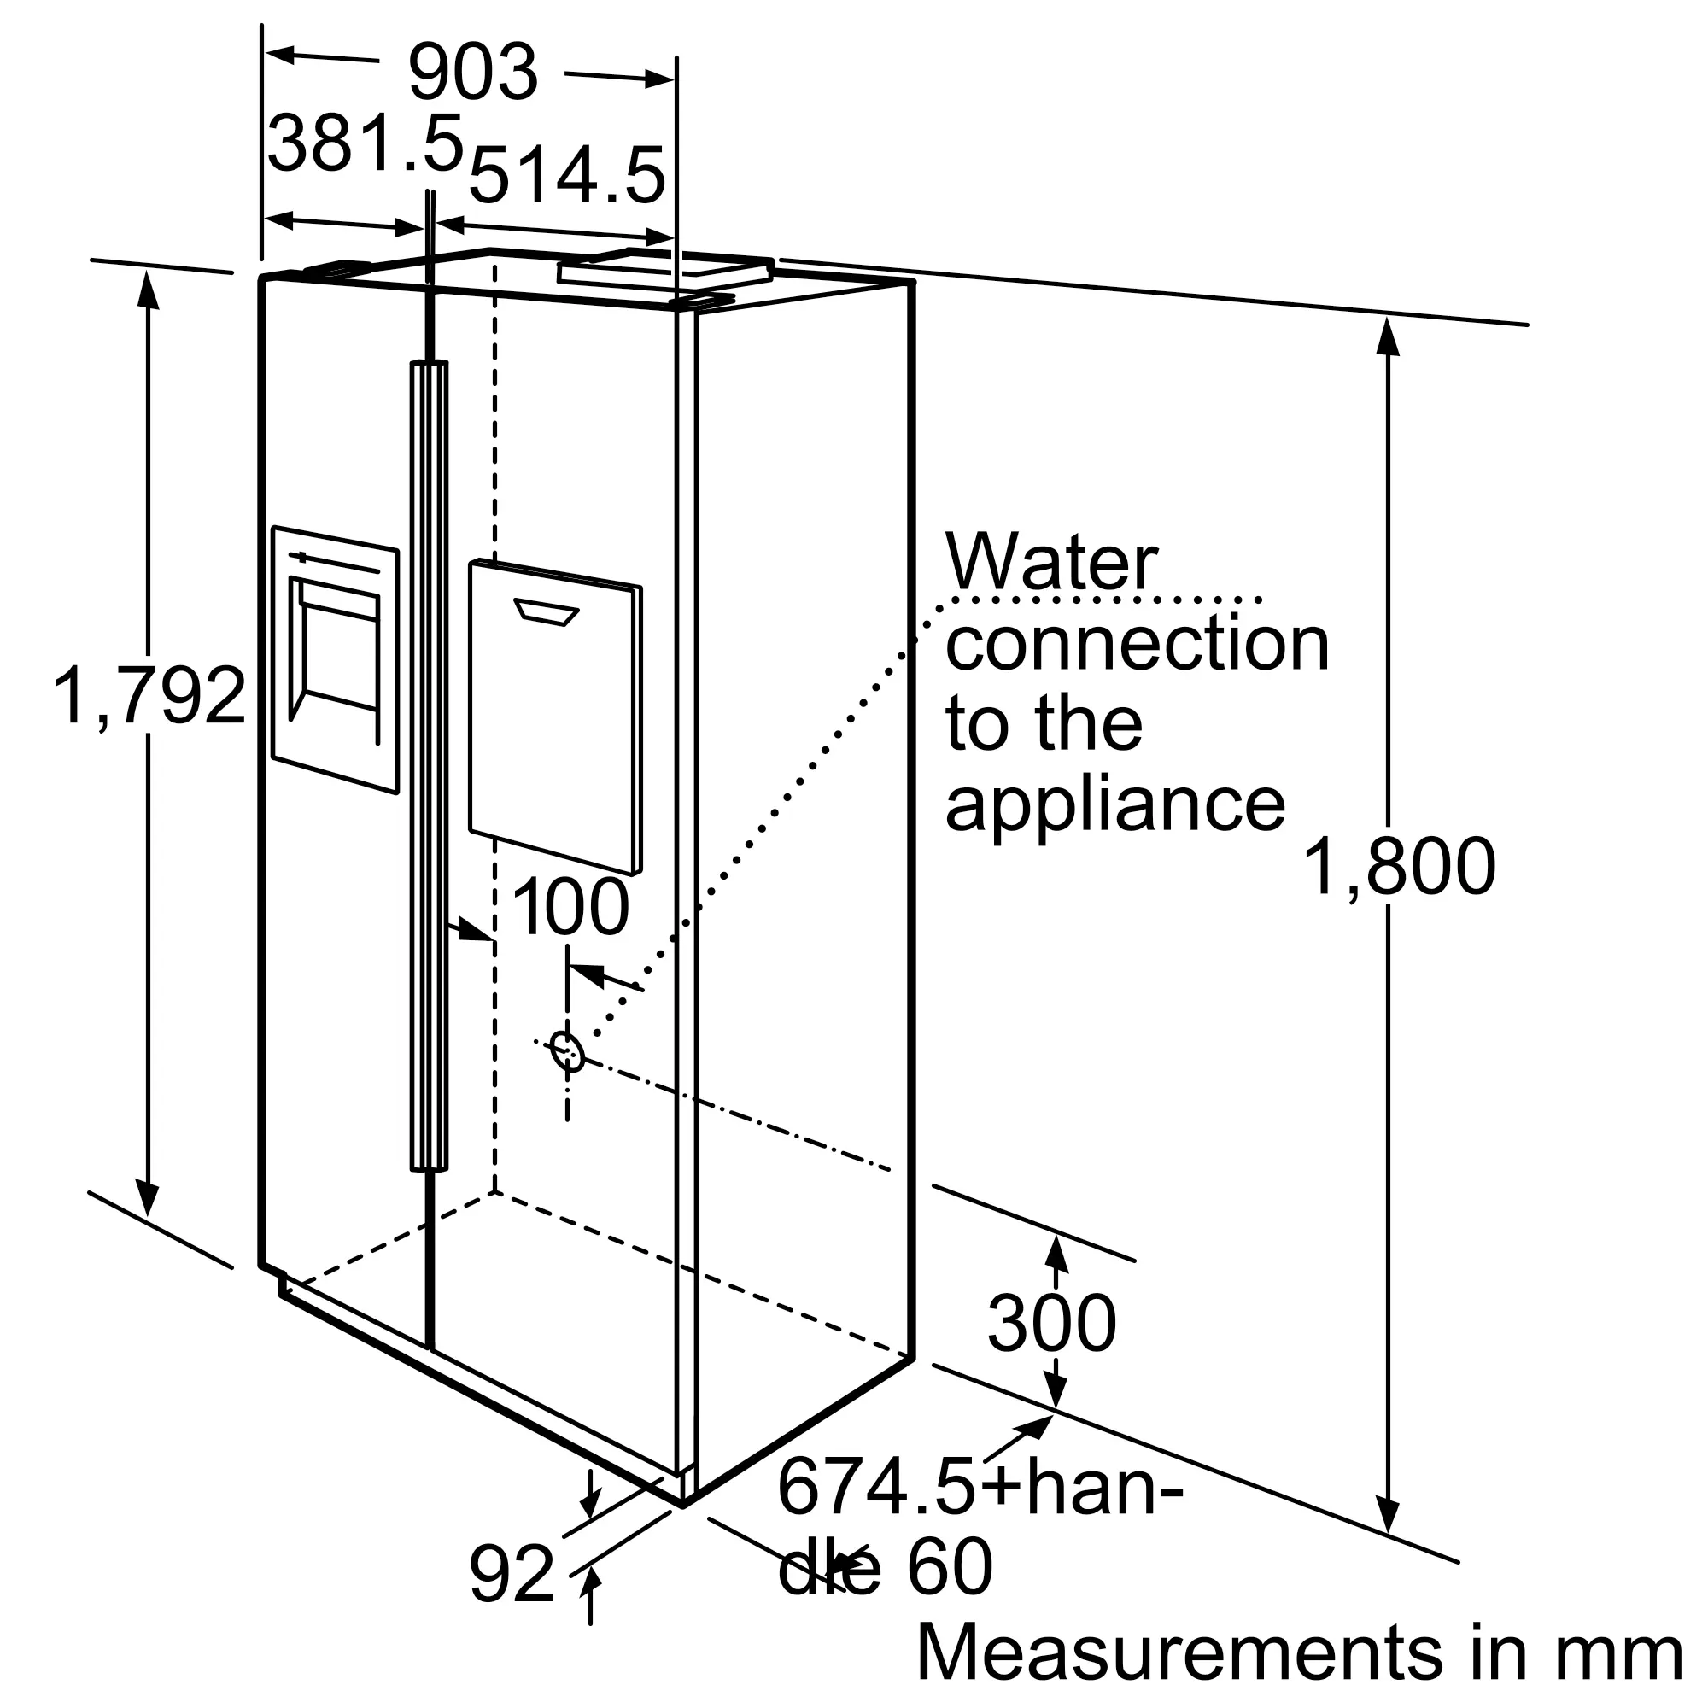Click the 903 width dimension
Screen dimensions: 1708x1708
(473, 73)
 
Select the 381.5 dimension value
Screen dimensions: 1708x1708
(366, 143)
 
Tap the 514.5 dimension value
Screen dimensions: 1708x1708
(566, 177)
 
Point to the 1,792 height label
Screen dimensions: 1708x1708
(149, 697)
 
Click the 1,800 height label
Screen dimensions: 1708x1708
(1400, 868)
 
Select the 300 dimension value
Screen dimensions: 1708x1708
(1051, 1324)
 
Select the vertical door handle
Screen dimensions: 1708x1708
(429, 765)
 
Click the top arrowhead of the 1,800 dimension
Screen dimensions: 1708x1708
(1389, 336)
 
